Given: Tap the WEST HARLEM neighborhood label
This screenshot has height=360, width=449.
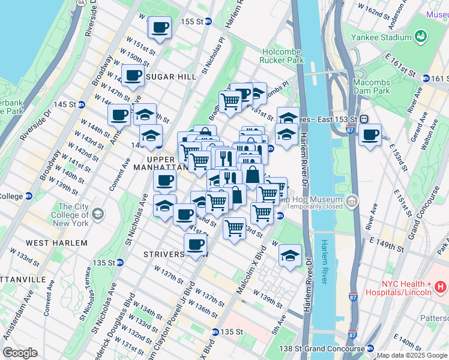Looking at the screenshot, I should [x=56, y=243].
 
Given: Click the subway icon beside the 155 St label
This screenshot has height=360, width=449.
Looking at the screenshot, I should [x=208, y=22].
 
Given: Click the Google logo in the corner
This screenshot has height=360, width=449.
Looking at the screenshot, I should [x=20, y=353].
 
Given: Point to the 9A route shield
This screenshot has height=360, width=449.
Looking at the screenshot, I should [x=81, y=3].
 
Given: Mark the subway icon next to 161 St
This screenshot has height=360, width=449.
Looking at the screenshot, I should [x=426, y=79].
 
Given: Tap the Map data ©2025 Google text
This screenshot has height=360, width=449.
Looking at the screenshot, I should [x=412, y=355].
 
